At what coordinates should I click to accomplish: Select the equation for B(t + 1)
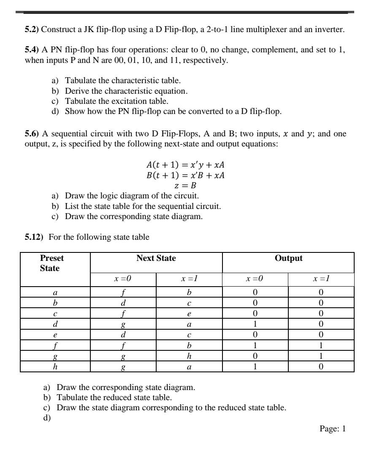click(184, 175)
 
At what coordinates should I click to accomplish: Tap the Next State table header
click(156, 258)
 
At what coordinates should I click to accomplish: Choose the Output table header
click(288, 258)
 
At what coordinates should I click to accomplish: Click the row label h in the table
click(55, 367)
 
